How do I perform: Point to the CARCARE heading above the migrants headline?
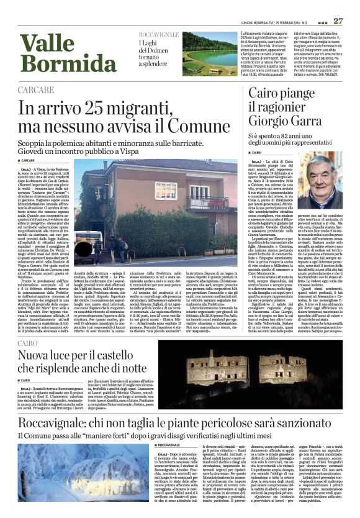pos(35,91)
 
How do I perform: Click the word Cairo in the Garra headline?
pos(266,93)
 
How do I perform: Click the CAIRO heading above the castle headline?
pos(28,342)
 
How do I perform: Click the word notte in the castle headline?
pos(130,371)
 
